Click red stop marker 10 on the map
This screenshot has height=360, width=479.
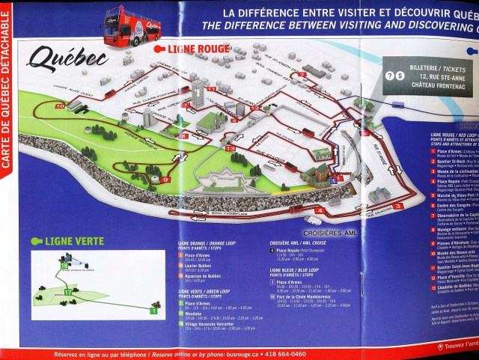pyautogui.click(x=58, y=106)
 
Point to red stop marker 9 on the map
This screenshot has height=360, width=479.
pyautogui.click(x=164, y=180)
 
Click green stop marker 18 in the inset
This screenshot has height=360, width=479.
pyautogui.click(x=65, y=265)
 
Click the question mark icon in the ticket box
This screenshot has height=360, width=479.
pyautogui.click(x=389, y=76)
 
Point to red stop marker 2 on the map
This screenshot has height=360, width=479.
pyautogui.click(x=302, y=75)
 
